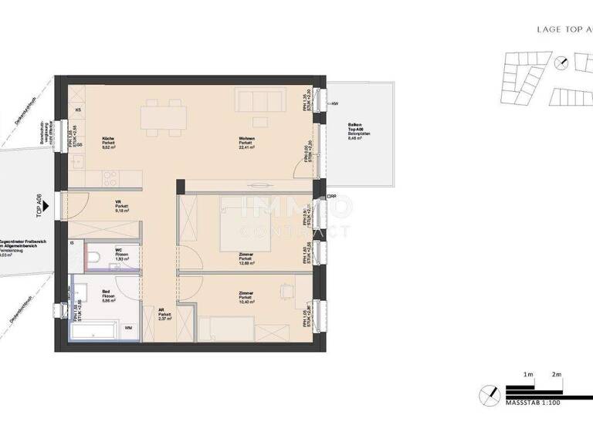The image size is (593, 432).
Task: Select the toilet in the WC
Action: (93, 258)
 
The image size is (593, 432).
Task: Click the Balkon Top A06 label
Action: (355, 132)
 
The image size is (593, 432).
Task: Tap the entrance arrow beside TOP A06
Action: (46, 206)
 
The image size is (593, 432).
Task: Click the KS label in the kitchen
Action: (78, 110)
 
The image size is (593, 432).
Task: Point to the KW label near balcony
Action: (335, 103)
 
